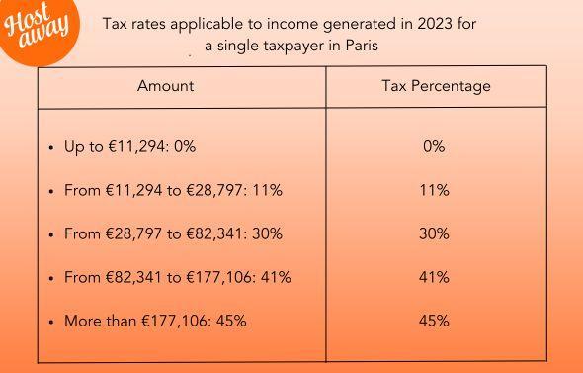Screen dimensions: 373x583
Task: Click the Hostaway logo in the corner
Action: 38,26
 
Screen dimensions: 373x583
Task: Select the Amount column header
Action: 165,86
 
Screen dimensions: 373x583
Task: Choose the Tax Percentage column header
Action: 436,86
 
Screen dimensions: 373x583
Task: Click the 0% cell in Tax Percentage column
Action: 434,146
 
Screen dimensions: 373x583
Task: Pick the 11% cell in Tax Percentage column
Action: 434,190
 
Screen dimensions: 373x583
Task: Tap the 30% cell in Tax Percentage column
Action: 434,233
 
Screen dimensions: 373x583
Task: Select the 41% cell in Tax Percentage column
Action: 434,277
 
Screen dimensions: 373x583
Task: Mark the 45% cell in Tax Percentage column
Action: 434,321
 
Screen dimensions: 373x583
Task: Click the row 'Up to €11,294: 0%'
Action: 129,146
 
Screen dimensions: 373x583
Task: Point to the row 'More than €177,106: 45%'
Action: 155,321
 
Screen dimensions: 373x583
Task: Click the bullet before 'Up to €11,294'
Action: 50,147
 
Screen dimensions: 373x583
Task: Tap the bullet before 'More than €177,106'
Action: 50,322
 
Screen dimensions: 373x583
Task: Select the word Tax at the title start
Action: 116,23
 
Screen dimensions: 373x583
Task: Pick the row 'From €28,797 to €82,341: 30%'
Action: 173,233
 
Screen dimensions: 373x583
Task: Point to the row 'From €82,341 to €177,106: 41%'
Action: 177,277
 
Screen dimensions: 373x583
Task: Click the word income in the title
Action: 273,23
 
